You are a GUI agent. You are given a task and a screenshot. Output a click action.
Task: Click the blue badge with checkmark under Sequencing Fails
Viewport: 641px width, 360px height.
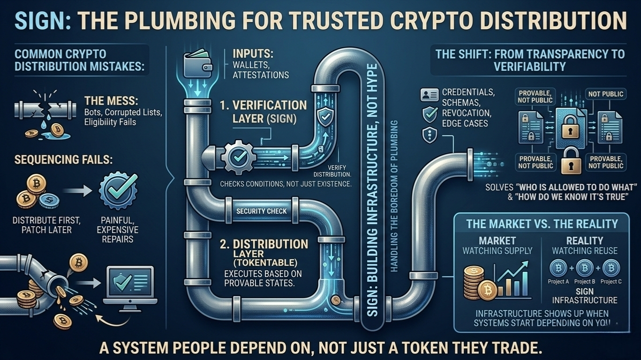(x=118, y=192)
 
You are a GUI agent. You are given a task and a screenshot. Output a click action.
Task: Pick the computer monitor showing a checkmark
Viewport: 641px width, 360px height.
(x=130, y=285)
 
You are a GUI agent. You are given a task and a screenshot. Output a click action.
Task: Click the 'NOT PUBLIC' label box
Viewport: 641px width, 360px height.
(x=606, y=94)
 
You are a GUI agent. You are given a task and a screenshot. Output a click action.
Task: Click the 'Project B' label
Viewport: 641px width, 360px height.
(x=584, y=282)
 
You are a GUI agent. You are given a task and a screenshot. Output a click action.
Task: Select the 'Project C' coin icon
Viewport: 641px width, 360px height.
(x=611, y=269)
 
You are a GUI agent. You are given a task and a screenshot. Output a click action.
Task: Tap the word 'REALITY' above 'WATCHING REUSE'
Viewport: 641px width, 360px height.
(x=584, y=240)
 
